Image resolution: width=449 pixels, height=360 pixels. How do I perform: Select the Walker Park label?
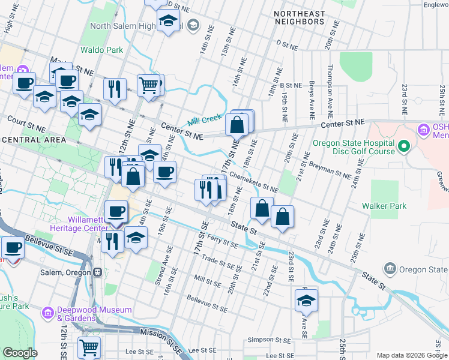click(384, 206)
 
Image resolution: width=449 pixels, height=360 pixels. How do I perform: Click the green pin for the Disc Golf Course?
click(404, 145)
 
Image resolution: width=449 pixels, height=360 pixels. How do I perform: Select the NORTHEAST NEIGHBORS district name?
click(299, 17)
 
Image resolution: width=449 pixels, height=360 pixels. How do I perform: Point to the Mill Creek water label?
click(205, 120)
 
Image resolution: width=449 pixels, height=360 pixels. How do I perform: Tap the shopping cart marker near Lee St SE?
click(89, 347)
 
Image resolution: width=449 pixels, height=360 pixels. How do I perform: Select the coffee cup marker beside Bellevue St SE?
click(13, 247)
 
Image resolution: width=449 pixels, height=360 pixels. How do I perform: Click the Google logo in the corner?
click(20, 353)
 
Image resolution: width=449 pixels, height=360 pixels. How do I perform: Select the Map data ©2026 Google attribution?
click(411, 355)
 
